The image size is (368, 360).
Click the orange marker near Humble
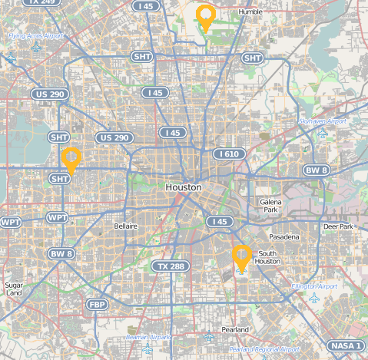pyautogui.click(x=205, y=16)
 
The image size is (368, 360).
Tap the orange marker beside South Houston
pyautogui.click(x=242, y=258)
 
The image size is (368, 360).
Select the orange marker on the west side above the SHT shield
pyautogui.click(x=71, y=159)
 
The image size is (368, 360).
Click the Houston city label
pyautogui.click(x=184, y=187)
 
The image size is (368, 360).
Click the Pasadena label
pyautogui.click(x=284, y=237)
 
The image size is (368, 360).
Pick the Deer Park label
pyautogui.click(x=337, y=227)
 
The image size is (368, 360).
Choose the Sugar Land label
pyautogui.click(x=14, y=289)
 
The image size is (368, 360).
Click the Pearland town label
pyautogui.click(x=234, y=329)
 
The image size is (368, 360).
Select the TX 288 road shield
pyautogui.click(x=170, y=266)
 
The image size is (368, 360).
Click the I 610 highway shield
pyautogui.click(x=229, y=154)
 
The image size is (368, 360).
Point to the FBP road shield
pyautogui.click(x=98, y=305)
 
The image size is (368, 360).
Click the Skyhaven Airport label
pyautogui.click(x=322, y=121)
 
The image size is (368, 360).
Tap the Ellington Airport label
pyautogui.click(x=314, y=286)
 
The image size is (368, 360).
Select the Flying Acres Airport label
pyautogui.click(x=35, y=36)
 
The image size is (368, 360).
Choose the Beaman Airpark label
pyautogui.click(x=148, y=337)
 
